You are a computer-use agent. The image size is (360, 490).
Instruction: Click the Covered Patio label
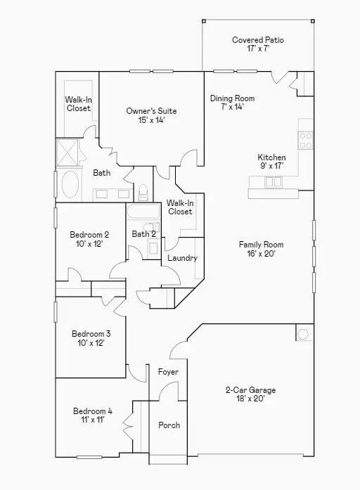tap(258, 40)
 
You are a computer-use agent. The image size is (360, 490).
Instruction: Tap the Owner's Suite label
tap(151, 111)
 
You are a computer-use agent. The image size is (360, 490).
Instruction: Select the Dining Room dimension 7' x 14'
tap(232, 108)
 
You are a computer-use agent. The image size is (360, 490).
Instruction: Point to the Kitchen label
tap(271, 157)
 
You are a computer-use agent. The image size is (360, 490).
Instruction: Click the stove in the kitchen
tap(306, 141)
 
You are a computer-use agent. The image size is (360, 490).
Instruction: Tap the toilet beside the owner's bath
tap(143, 191)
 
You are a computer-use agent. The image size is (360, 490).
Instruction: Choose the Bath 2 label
tap(143, 234)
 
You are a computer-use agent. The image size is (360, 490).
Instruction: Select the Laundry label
tap(182, 258)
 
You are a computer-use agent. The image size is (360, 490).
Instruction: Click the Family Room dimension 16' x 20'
tap(261, 254)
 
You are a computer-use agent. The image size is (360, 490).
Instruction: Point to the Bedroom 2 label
tap(89, 235)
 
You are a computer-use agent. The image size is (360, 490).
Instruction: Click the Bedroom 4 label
tap(92, 411)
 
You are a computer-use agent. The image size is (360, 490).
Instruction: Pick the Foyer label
tap(168, 371)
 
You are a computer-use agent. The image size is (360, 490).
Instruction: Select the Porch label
tap(169, 425)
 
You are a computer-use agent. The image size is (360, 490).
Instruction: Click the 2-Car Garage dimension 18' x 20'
tap(250, 399)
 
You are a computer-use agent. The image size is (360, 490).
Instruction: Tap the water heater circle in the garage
tap(303, 333)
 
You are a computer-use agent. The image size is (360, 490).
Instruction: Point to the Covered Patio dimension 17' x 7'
tap(258, 49)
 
